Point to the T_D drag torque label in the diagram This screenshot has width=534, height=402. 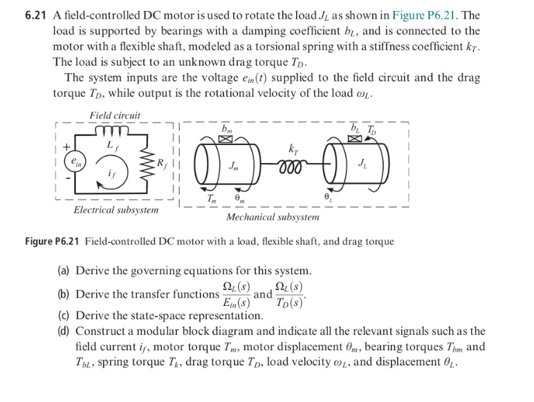pos(373,128)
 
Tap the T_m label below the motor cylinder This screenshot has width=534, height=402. pos(212,198)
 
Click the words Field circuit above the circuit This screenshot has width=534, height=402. pos(114,115)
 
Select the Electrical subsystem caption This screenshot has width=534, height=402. pos(116,209)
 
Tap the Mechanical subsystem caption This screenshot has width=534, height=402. pos(273,217)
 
